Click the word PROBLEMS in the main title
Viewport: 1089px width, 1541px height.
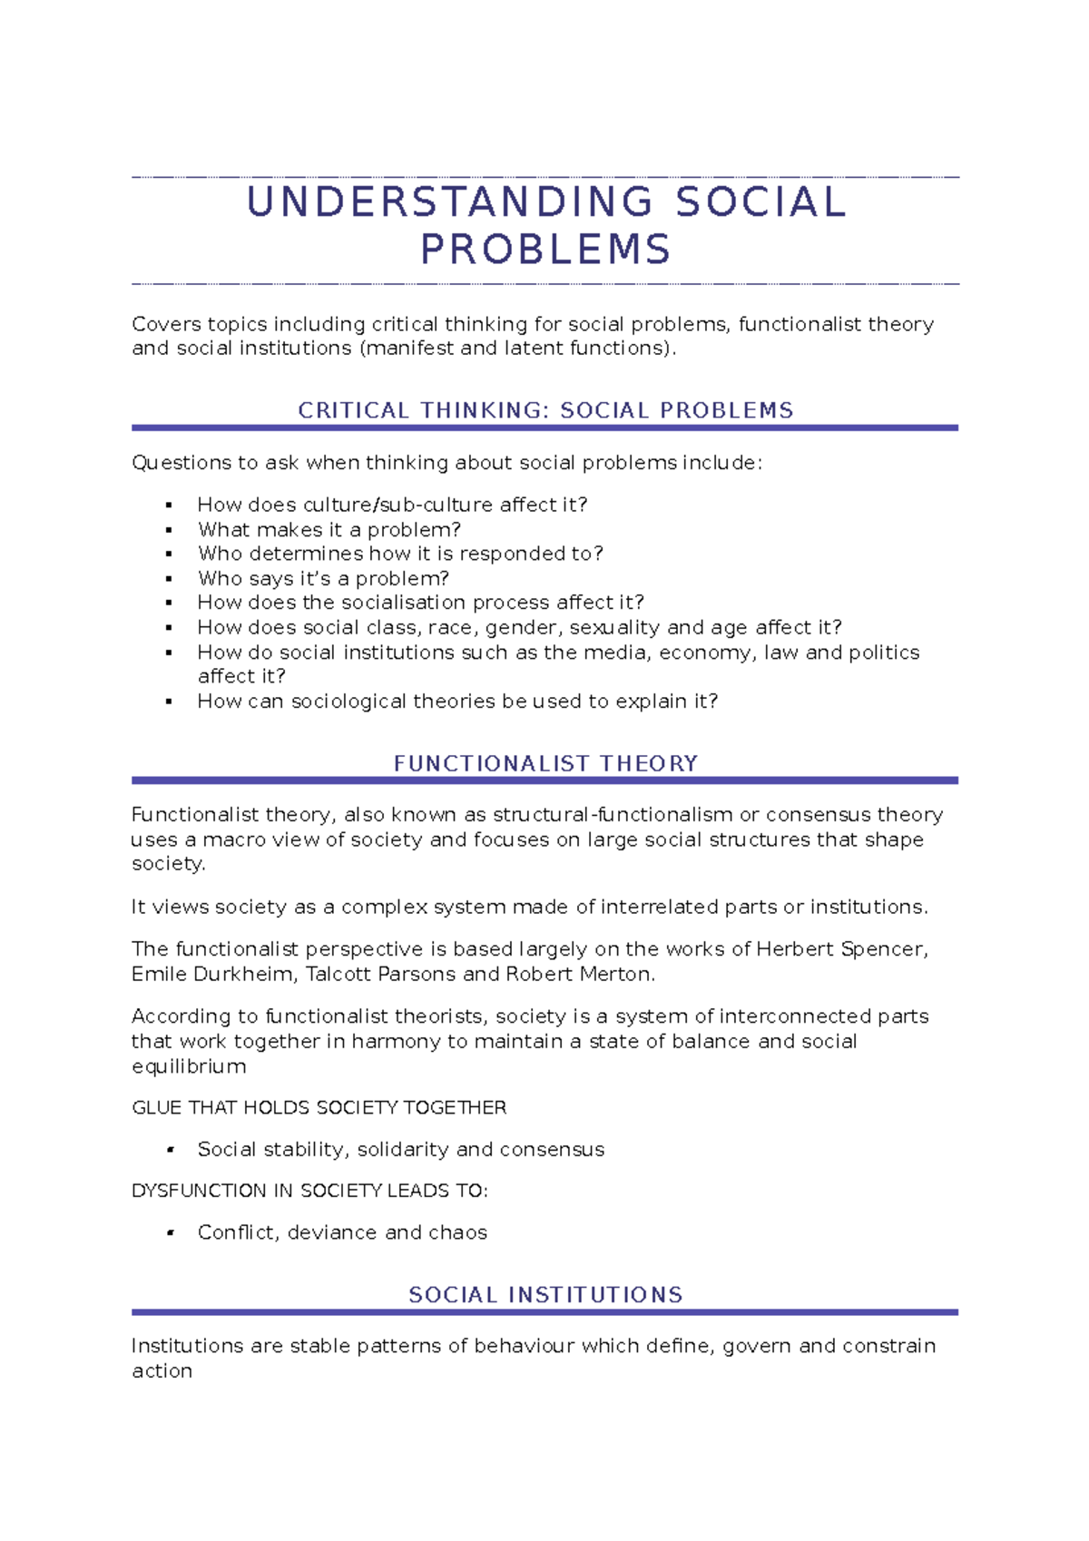tap(545, 250)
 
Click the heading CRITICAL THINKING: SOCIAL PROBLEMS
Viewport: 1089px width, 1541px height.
tap(545, 410)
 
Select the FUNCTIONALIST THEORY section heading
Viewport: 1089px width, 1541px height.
tap(545, 763)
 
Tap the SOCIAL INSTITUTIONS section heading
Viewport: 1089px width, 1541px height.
tap(545, 1294)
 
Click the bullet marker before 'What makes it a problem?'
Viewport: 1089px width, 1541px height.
tap(169, 530)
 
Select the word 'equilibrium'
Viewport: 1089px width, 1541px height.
tap(189, 1066)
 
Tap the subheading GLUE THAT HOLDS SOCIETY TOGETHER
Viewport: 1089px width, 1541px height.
tap(319, 1107)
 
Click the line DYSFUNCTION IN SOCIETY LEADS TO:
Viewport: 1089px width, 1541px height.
tap(309, 1191)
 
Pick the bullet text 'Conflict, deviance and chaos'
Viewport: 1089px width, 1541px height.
tap(342, 1232)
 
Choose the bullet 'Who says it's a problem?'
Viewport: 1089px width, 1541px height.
tap(323, 579)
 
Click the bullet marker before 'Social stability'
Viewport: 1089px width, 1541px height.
tap(169, 1150)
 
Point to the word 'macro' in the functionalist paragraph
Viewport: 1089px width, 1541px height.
tap(234, 839)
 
